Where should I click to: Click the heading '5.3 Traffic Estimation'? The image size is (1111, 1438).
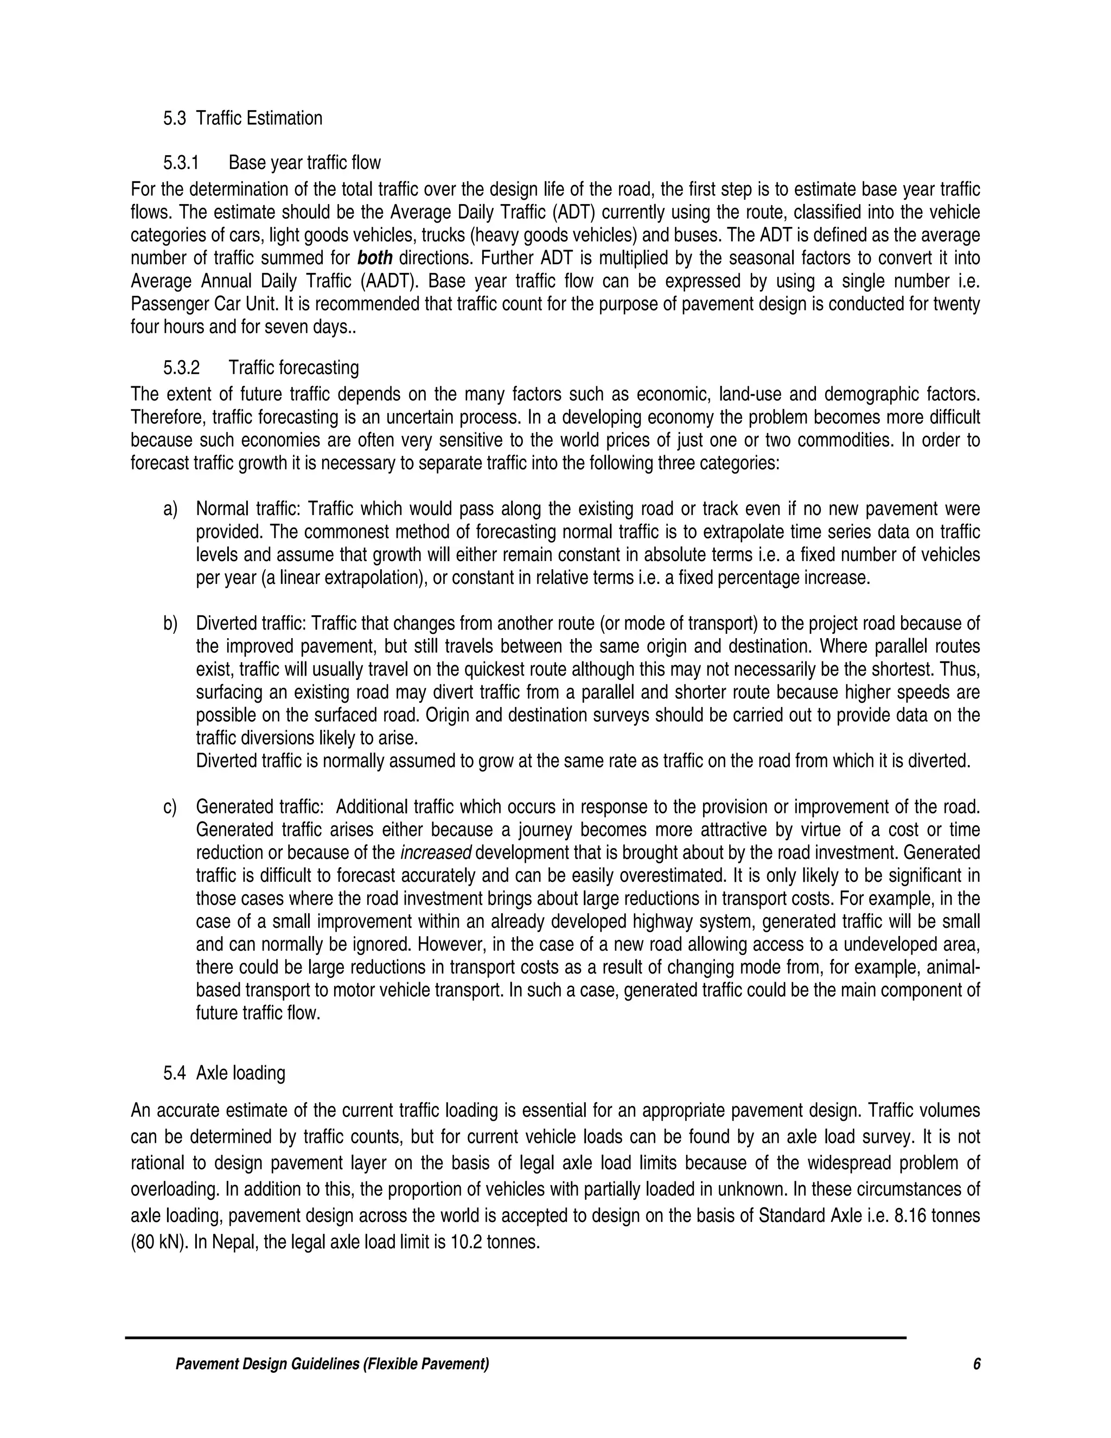[x=243, y=118]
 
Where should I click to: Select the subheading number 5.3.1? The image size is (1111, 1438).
[x=182, y=163]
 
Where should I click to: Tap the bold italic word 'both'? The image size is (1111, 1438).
[x=374, y=258]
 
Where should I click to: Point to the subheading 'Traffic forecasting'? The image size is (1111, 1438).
[x=293, y=367]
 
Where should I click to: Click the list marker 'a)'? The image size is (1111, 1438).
[x=170, y=509]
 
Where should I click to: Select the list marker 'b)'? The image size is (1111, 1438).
[x=170, y=623]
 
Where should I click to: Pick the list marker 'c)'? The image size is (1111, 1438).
[x=170, y=807]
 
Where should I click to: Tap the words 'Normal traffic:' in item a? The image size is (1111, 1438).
[x=248, y=509]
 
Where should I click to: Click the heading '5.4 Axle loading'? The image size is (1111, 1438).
[x=225, y=1073]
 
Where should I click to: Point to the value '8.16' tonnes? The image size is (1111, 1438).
[x=910, y=1216]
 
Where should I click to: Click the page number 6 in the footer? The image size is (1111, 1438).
[x=976, y=1364]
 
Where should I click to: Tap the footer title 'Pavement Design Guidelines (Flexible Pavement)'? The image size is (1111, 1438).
[x=333, y=1364]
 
